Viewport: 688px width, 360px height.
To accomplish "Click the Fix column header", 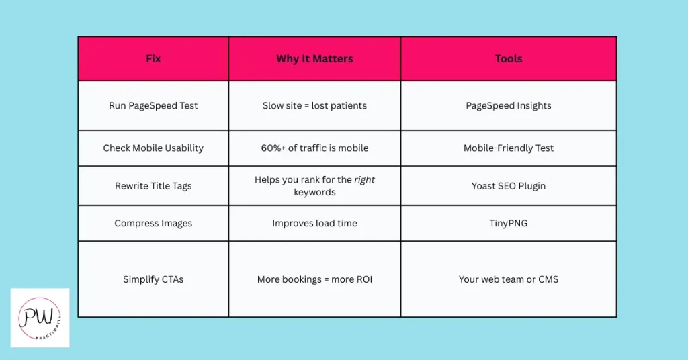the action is [153, 58].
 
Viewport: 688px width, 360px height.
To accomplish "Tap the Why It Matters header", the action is [314, 58].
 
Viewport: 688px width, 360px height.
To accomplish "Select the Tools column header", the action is [509, 58].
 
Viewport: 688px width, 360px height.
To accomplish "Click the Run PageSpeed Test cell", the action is [153, 105].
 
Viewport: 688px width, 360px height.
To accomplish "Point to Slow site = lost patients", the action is [314, 105].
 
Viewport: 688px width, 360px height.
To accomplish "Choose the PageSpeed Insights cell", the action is [509, 105].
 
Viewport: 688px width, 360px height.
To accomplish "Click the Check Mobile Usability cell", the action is [153, 148].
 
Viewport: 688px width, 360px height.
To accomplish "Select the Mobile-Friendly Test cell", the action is [509, 148].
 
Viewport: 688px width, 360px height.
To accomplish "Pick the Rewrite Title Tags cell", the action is [153, 186].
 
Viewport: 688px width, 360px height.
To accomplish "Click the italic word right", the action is [365, 180].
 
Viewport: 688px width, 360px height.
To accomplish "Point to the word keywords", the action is [314, 193].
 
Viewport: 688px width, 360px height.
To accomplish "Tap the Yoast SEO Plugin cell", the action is [509, 186].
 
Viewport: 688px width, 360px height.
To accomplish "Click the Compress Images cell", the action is [153, 223].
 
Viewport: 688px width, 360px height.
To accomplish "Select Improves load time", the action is [314, 223].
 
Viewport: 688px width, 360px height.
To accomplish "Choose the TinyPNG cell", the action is [509, 223].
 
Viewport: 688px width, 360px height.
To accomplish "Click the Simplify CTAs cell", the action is [153, 279].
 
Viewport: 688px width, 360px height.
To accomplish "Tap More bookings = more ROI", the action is [314, 279].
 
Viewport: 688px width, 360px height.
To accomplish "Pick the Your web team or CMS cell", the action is [509, 279].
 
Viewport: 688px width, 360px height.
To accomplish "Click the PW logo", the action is [40, 318].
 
